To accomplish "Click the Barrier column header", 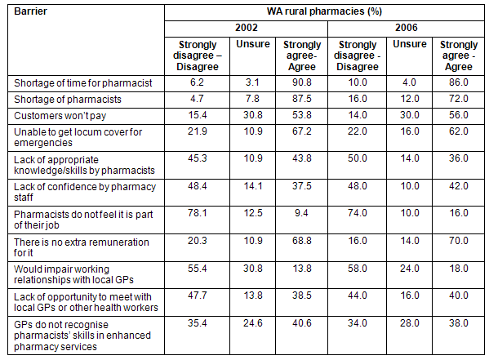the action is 30,11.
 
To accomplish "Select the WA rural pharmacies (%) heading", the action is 324,11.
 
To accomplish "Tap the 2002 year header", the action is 246,28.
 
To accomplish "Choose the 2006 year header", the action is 406,28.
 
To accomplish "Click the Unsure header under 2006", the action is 410,44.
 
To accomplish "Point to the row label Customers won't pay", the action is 60,116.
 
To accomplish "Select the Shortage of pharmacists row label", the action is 68,100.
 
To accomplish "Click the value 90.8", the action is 301,82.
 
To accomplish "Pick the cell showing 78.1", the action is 197,213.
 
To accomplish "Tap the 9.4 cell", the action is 301,213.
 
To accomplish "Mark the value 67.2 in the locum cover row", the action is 301,131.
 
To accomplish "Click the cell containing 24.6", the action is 252,323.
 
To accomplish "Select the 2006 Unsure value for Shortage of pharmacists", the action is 410,99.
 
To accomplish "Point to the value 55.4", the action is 197,269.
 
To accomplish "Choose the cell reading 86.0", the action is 459,82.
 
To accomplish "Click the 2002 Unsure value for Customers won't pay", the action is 252,115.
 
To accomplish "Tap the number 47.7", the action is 197,296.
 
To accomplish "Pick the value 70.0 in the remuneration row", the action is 459,241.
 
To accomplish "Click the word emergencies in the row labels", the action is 43,143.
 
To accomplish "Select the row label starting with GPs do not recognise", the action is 82,336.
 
